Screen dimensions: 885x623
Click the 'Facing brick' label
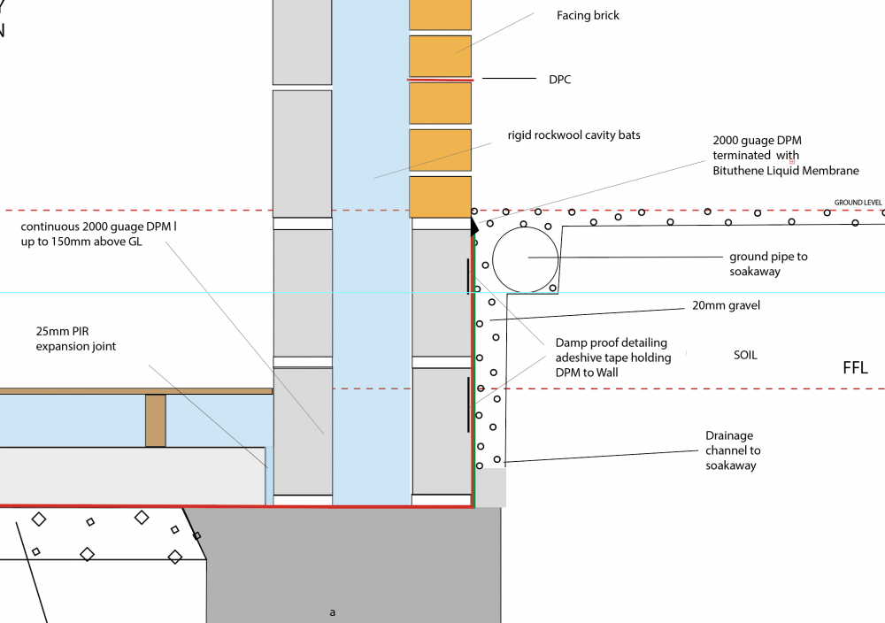[588, 16]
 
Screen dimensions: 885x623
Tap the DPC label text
[560, 80]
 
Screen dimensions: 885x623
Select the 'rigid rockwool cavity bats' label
[573, 135]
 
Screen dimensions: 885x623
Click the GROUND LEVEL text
[858, 203]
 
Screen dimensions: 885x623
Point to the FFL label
[855, 368]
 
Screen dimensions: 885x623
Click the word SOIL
[745, 355]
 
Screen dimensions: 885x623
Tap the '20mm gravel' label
[726, 306]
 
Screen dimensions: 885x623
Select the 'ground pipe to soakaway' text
[768, 264]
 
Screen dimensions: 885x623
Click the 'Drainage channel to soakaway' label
[733, 450]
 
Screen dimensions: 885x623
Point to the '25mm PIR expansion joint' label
[75, 339]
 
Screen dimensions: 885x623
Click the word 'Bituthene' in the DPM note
[738, 171]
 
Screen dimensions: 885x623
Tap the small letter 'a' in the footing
[333, 612]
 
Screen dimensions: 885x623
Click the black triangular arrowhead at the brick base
[474, 227]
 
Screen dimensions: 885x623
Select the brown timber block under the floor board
[156, 420]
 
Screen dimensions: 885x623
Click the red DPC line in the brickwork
[440, 81]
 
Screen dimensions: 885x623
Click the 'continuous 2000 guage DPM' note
[98, 235]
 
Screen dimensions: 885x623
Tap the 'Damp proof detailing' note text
[613, 358]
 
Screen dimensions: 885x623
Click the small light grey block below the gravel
[490, 488]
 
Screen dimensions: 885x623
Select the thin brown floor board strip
[136, 391]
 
